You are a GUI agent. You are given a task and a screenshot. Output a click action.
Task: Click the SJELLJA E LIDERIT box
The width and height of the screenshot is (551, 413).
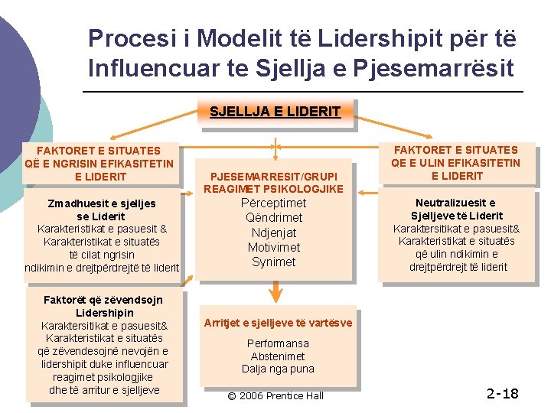click(x=275, y=112)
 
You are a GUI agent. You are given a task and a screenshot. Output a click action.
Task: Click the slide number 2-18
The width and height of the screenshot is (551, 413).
click(x=502, y=394)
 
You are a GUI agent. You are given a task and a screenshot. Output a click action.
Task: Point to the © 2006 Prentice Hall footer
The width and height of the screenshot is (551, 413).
click(x=276, y=395)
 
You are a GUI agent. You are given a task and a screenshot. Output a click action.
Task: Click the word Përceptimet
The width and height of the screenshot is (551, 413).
click(x=273, y=203)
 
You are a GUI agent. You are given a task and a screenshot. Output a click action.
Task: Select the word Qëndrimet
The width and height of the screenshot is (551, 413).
click(x=273, y=218)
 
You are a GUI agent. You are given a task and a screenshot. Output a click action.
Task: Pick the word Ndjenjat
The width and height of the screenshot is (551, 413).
click(x=273, y=233)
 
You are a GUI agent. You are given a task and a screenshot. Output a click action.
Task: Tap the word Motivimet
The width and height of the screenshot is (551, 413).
click(x=273, y=247)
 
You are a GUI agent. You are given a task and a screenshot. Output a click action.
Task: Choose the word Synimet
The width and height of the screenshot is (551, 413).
click(x=273, y=262)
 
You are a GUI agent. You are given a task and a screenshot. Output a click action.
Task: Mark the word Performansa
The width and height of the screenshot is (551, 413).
click(x=278, y=343)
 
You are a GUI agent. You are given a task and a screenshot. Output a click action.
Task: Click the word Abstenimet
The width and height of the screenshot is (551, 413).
click(x=278, y=356)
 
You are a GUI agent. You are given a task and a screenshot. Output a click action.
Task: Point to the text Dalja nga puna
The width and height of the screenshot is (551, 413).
click(x=278, y=369)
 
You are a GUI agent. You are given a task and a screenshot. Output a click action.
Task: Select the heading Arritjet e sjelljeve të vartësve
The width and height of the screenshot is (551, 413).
click(x=278, y=323)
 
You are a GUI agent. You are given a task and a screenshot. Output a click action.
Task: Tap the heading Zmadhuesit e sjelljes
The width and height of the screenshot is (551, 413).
click(x=102, y=203)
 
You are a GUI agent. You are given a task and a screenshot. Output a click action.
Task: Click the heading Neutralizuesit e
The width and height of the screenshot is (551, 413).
click(x=455, y=203)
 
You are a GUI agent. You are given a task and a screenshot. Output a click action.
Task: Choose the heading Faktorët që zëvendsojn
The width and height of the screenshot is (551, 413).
click(x=104, y=301)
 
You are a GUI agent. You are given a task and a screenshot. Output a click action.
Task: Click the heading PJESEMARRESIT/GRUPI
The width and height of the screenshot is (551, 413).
click(x=273, y=176)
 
